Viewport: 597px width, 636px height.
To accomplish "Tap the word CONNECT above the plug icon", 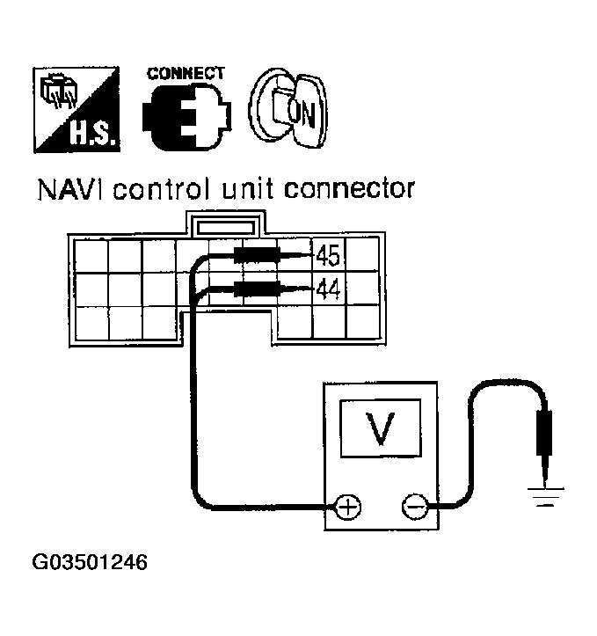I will click(186, 74).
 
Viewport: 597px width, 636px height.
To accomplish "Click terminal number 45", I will click(327, 257).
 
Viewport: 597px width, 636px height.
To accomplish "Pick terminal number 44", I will click(327, 288).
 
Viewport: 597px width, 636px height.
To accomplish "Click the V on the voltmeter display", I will click(380, 429).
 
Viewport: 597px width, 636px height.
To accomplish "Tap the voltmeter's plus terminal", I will click(349, 507).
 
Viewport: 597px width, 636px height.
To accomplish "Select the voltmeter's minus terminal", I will click(413, 507).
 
